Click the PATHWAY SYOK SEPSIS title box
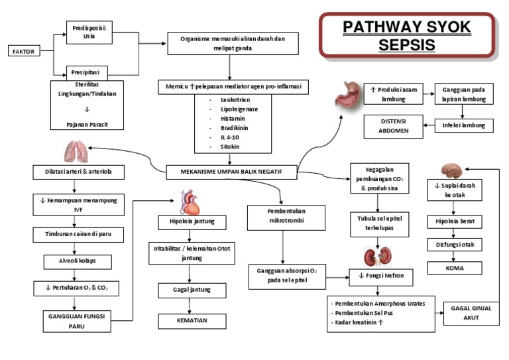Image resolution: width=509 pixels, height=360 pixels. click(407, 36)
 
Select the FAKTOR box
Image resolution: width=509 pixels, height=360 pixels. click(23, 51)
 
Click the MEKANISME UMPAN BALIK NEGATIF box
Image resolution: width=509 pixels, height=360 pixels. click(231, 171)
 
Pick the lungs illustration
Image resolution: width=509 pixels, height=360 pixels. click(74, 152)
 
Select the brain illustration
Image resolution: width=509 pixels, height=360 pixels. click(455, 169)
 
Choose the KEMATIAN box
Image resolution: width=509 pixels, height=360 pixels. click(192, 321)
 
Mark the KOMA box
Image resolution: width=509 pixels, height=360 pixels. click(455, 269)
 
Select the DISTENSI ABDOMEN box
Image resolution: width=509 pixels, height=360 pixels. click(394, 126)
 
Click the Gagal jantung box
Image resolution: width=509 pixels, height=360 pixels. click(192, 290)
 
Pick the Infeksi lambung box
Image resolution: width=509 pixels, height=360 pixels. click(463, 125)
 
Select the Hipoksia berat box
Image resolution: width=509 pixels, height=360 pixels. click(455, 221)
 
